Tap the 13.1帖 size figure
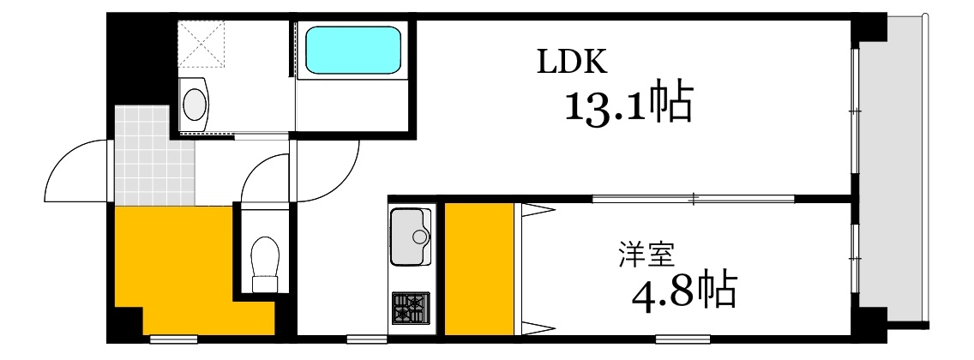tap(627, 104)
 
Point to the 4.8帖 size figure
tap(683, 292)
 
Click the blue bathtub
tap(353, 51)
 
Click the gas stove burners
tap(411, 308)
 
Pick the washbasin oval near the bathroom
tap(195, 103)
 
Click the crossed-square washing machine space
tap(201, 43)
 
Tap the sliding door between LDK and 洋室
tap(693, 199)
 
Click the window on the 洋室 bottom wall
tap(683, 337)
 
